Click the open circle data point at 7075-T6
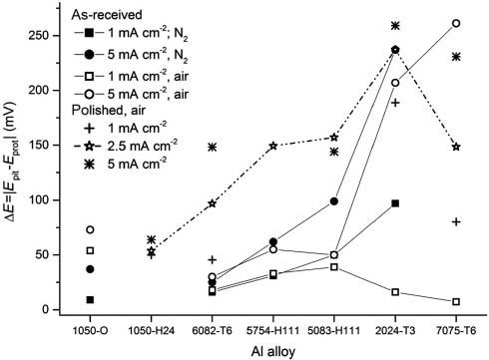click(x=456, y=23)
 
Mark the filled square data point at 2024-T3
click(x=395, y=203)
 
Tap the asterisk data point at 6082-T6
click(x=212, y=148)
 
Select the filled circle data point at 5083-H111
click(x=333, y=201)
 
